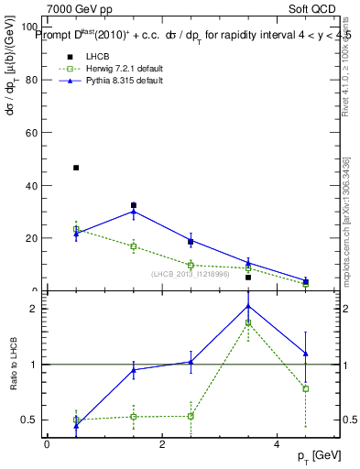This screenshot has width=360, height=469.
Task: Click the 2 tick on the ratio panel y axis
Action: click(36, 309)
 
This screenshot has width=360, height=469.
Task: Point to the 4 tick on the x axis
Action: click(278, 444)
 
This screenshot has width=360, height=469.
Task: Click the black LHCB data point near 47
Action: click(76, 168)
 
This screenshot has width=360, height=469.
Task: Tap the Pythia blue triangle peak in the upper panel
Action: click(134, 212)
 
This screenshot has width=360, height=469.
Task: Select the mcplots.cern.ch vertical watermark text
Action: click(346, 220)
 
